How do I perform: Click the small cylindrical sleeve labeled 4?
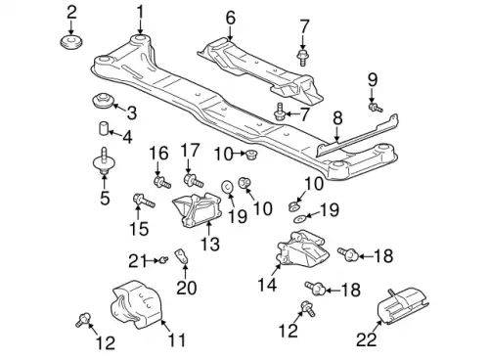pyautogui.click(x=101, y=129)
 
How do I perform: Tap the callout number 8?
pyautogui.click(x=337, y=118)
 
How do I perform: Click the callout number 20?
pyautogui.click(x=185, y=288)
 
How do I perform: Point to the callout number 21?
pyautogui.click(x=135, y=259)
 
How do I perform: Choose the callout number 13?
pyautogui.click(x=208, y=243)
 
